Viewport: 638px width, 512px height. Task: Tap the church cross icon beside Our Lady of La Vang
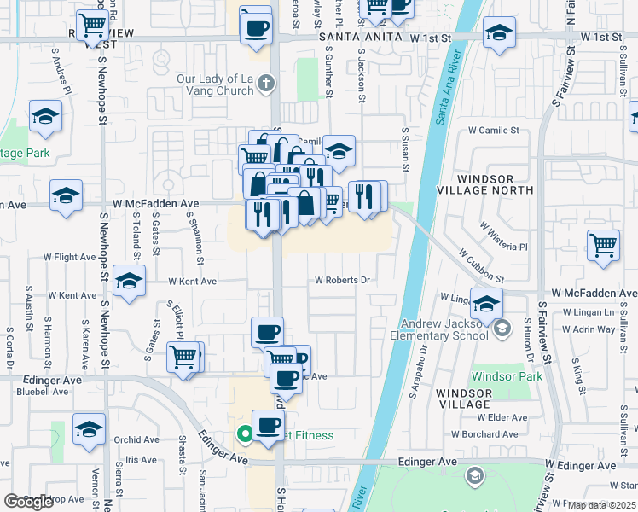[267, 84]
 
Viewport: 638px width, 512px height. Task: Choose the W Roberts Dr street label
[342, 280]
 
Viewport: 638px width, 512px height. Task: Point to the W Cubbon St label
[481, 266]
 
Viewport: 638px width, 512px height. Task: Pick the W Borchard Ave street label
[486, 433]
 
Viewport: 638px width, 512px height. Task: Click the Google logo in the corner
[29, 502]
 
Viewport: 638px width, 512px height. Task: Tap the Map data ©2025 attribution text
[600, 505]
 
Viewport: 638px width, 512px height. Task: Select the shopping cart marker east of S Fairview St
[603, 244]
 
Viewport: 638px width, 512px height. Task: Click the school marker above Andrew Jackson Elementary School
[486, 302]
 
